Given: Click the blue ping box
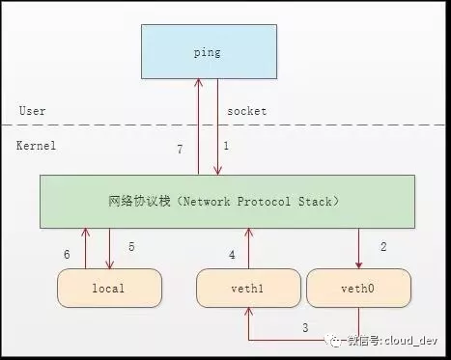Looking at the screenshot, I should pyautogui.click(x=208, y=51).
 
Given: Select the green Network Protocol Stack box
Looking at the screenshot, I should pyautogui.click(x=227, y=202).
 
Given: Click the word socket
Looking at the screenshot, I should pyautogui.click(x=246, y=111).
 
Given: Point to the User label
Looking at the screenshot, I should pyautogui.click(x=32, y=111).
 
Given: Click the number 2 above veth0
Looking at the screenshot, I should pyautogui.click(x=383, y=247).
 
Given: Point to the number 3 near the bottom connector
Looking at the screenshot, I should pyautogui.click(x=306, y=328).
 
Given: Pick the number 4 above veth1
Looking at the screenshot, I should pyautogui.click(x=231, y=254).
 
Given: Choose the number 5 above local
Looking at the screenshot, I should pyautogui.click(x=131, y=247).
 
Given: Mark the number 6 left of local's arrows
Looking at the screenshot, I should pyautogui.click(x=67, y=254).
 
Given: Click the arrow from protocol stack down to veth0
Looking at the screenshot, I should pyautogui.click(x=359, y=249).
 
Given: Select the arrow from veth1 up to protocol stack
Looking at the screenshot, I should pyautogui.click(x=249, y=249).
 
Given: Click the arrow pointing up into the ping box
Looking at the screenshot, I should pyautogui.click(x=198, y=125).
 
